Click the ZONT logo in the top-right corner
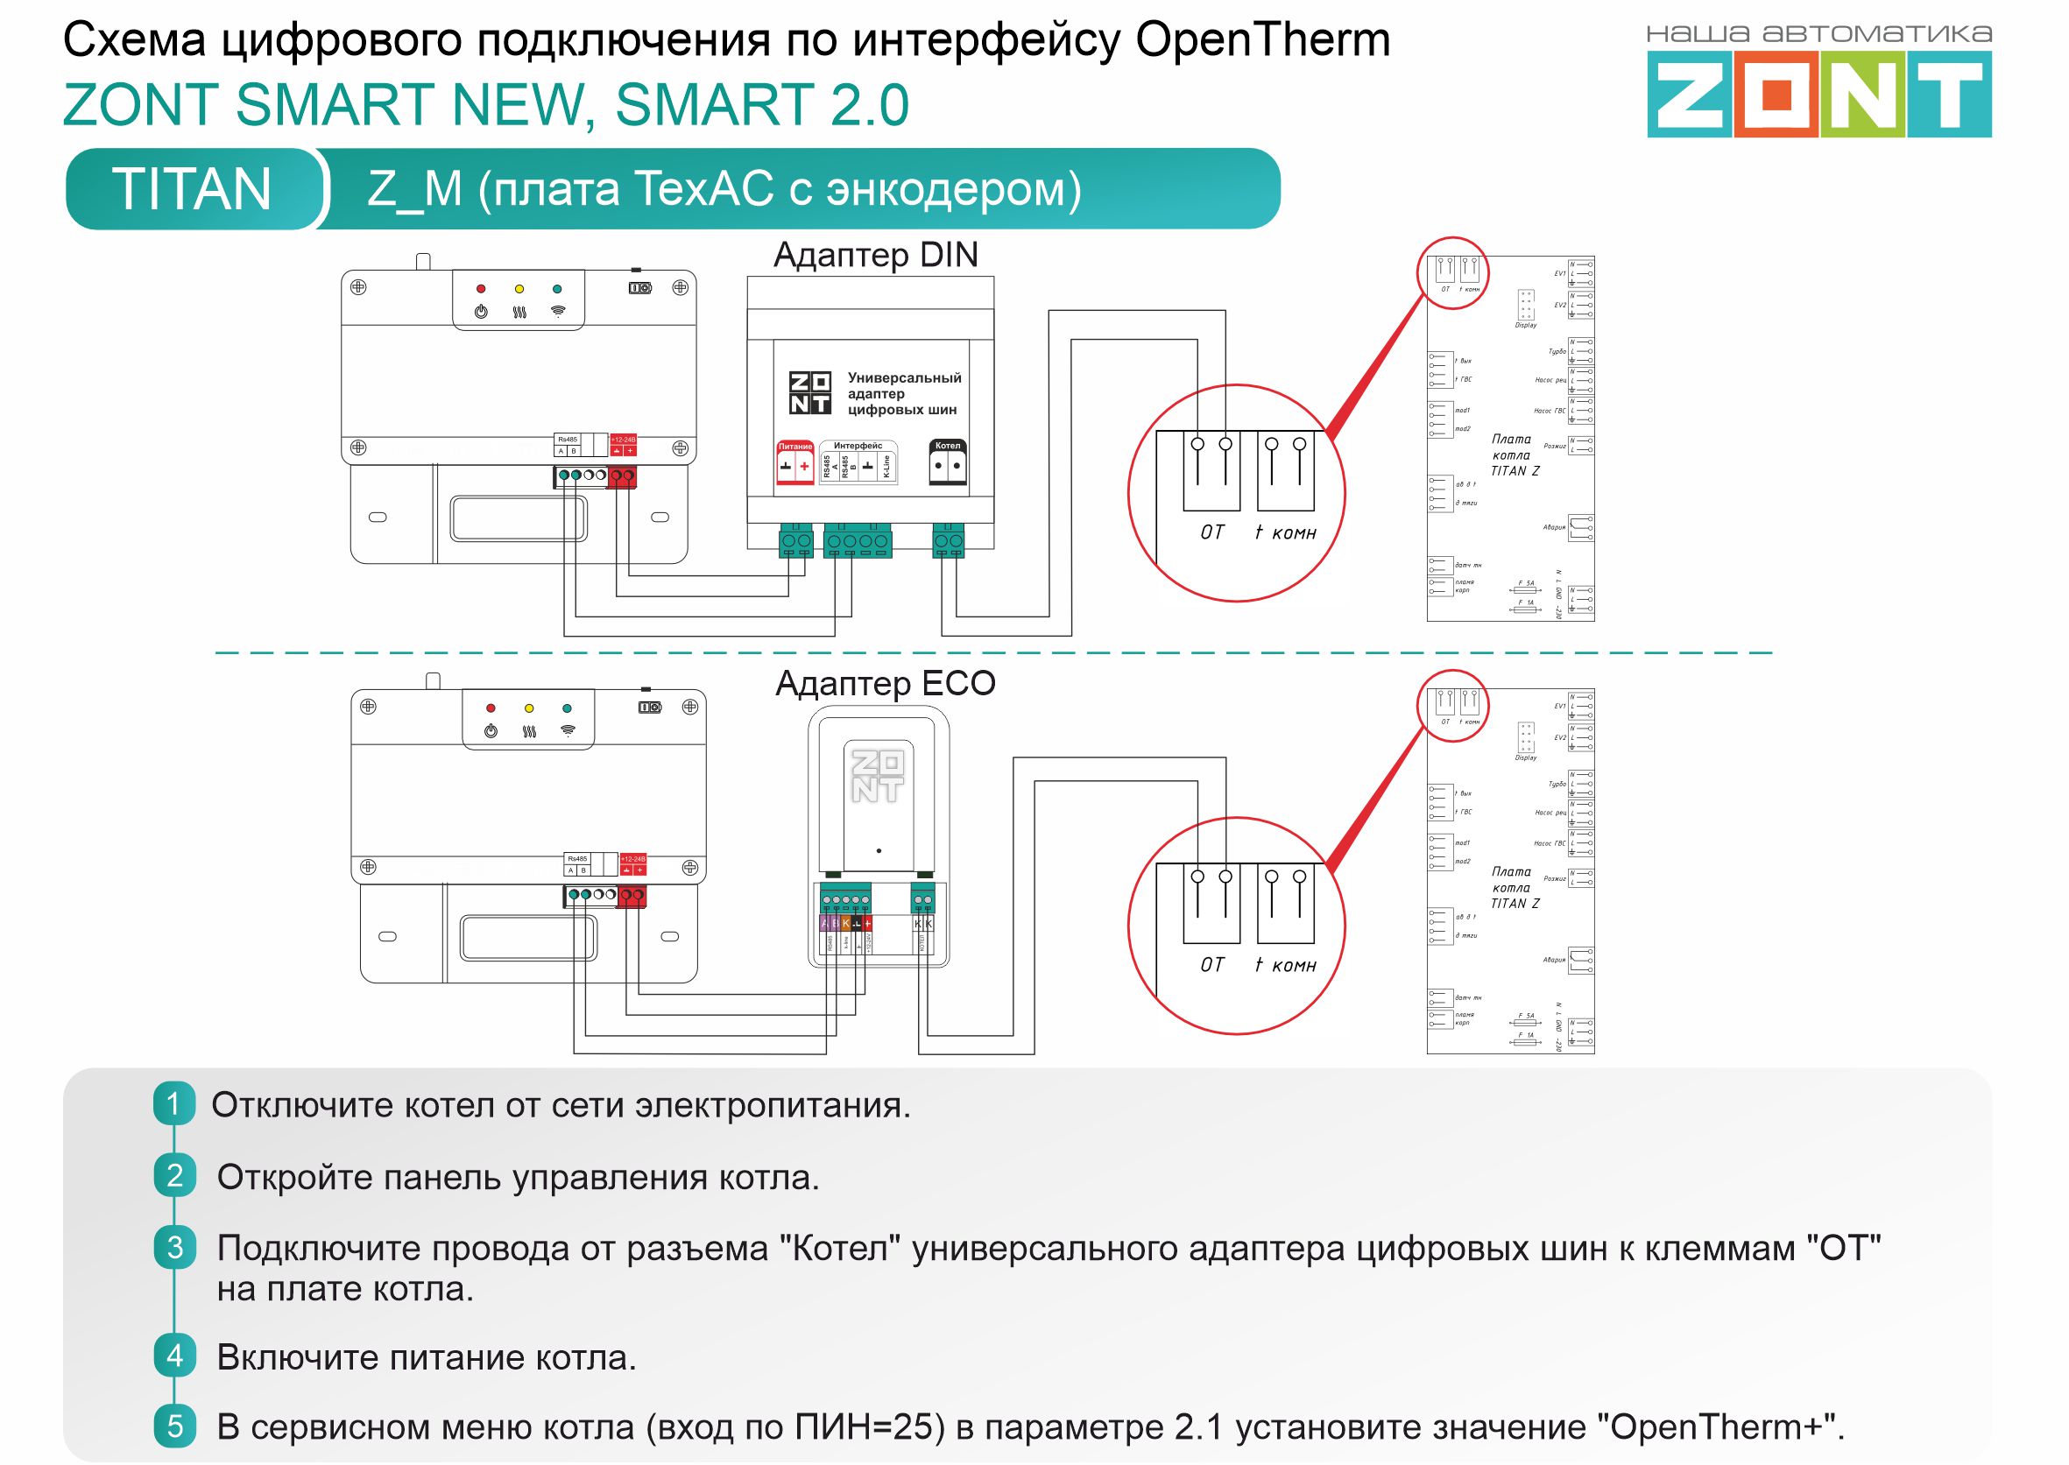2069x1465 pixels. click(x=1818, y=94)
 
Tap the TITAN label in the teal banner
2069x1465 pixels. click(x=191, y=188)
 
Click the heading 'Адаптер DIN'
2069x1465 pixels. click(x=875, y=256)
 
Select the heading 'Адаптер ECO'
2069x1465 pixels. click(x=886, y=684)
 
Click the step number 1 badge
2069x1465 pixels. click(x=174, y=1103)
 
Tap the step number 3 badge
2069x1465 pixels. click(x=174, y=1248)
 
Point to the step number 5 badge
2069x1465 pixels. click(x=174, y=1426)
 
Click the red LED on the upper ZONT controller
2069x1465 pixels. click(x=481, y=289)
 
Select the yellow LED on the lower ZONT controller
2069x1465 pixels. click(x=529, y=708)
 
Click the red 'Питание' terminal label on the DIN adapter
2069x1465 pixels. click(x=795, y=447)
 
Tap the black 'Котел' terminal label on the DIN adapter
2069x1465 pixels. click(x=948, y=446)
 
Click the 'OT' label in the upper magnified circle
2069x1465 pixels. click(x=1211, y=533)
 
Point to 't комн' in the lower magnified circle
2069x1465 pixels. click(x=1285, y=966)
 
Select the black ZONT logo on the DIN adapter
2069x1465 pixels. click(x=809, y=393)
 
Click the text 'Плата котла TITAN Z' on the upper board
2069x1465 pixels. click(x=1513, y=454)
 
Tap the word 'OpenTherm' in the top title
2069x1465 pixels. click(x=1262, y=40)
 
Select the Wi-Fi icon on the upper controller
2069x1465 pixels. click(x=559, y=311)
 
